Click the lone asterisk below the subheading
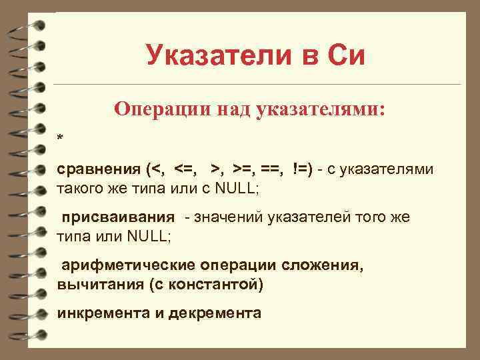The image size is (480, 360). [60, 139]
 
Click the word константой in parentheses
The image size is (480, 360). [219, 284]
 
